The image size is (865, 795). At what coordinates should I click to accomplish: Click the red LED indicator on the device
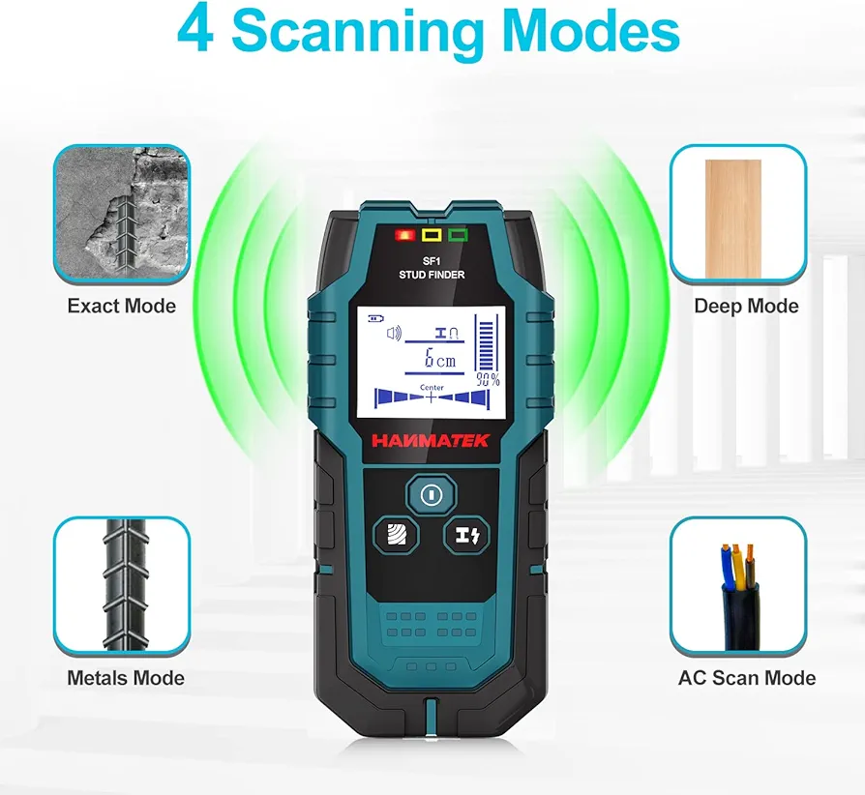[x=404, y=235]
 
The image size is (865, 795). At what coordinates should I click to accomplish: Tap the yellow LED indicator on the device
[x=432, y=235]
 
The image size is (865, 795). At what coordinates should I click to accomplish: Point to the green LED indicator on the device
[x=458, y=235]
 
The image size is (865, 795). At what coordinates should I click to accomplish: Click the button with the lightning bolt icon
[x=466, y=535]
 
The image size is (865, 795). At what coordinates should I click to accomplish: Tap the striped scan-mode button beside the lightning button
[x=396, y=535]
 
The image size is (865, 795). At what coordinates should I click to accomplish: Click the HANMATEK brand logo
[x=431, y=440]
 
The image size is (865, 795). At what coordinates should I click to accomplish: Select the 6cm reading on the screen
[x=440, y=359]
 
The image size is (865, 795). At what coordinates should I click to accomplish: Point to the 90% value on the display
[x=488, y=379]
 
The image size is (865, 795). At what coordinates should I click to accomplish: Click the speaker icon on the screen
[x=394, y=334]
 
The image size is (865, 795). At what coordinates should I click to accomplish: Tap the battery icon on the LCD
[x=375, y=318]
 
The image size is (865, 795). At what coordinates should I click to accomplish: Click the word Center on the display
[x=432, y=387]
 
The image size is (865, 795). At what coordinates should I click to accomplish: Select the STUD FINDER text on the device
[x=432, y=275]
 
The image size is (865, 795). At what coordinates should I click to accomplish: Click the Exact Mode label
[x=121, y=306]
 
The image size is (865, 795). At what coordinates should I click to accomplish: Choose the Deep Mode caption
[x=746, y=306]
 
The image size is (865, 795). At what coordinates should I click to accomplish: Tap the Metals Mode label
[x=126, y=678]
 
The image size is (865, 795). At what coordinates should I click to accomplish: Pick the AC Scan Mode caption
[x=747, y=678]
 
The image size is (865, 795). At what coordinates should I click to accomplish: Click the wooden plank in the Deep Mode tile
[x=733, y=220]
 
